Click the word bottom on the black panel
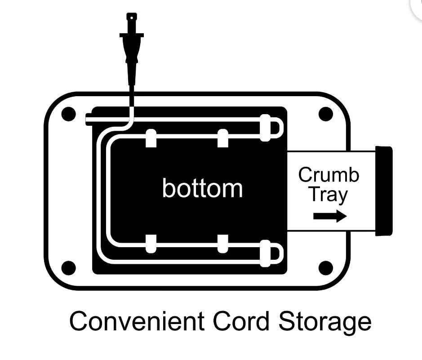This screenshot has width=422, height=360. click(202, 188)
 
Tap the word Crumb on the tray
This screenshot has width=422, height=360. click(329, 175)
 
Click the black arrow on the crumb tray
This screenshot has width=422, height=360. click(330, 217)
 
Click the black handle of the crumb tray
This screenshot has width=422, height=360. click(383, 191)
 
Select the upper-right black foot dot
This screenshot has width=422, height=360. click(326, 114)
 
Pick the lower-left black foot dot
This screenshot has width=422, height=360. click(68, 268)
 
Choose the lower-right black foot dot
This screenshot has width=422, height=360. click(326, 268)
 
